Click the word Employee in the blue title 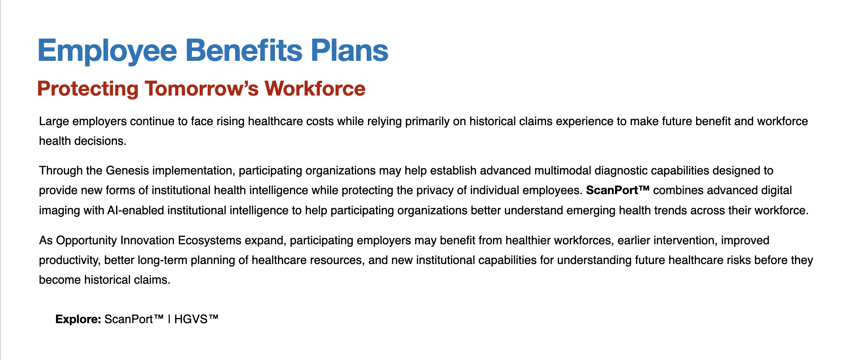[108, 51]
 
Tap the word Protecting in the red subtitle [88, 89]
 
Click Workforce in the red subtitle [315, 89]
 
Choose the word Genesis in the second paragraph [127, 171]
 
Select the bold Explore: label [78, 319]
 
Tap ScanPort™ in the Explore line [134, 319]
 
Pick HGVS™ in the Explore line [196, 319]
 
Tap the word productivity [69, 260]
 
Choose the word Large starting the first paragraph [54, 121]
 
